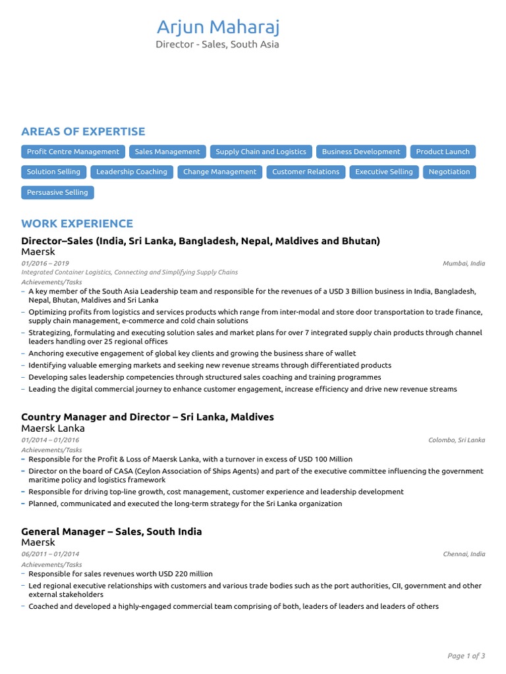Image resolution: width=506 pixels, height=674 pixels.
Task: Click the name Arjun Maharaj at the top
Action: point(217,28)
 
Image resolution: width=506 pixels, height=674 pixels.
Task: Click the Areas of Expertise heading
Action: point(83,132)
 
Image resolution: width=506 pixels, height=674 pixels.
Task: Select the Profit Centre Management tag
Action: point(73,151)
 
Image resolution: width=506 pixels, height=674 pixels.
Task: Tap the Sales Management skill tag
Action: point(167,151)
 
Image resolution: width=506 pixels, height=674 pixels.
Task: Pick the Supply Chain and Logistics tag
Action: point(261,151)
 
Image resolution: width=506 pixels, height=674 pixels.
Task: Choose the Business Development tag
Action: point(360,151)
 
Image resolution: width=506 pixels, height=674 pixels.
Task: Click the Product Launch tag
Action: point(443,151)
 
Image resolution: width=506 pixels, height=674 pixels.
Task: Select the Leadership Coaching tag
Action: point(132,172)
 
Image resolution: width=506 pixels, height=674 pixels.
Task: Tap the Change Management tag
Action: point(219,172)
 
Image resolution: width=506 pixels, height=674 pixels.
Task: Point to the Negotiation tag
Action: point(449,172)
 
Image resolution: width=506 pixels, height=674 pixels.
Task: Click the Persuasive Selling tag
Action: point(57,192)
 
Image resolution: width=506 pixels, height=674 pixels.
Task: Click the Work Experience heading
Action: point(77,224)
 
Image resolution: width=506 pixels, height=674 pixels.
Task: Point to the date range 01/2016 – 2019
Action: point(45,263)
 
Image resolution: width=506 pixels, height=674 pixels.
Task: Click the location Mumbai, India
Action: point(464,263)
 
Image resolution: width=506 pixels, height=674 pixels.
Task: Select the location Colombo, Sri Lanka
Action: point(457,440)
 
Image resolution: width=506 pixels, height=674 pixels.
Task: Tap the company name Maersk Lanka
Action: point(53,428)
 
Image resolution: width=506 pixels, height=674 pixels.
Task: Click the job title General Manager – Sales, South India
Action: point(111,531)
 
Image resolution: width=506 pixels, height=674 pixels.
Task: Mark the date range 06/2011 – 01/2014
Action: point(50,554)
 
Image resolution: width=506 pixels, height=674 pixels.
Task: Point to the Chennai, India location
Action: point(464,554)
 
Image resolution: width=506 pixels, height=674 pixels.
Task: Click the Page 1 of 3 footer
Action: point(466,656)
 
